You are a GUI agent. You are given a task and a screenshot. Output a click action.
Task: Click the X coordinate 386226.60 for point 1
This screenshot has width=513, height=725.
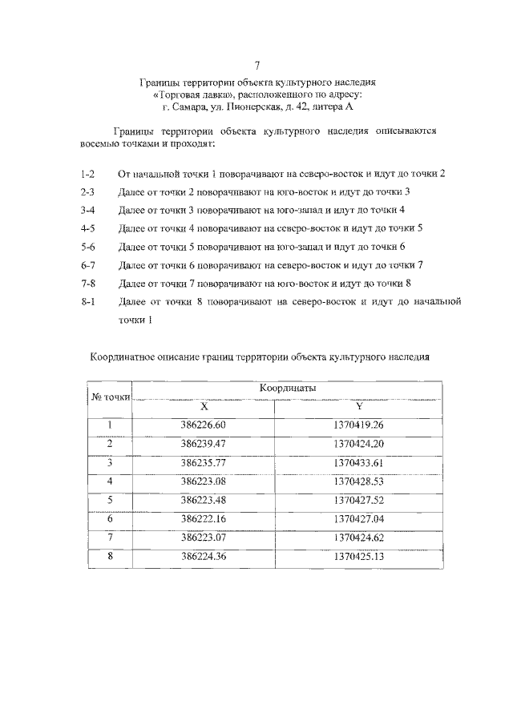(x=204, y=425)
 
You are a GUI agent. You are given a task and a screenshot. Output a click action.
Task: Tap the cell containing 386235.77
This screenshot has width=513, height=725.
(x=204, y=462)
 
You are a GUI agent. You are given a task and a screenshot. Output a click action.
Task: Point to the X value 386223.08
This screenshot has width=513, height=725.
(x=204, y=481)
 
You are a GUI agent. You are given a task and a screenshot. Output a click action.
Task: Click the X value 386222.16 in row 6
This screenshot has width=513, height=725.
(x=204, y=519)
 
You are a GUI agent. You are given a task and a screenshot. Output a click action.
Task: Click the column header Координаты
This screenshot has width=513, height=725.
(x=287, y=388)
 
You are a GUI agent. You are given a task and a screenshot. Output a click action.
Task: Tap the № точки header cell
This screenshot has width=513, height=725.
(x=109, y=397)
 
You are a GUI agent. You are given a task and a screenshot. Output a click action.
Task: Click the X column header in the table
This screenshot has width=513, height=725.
(x=204, y=406)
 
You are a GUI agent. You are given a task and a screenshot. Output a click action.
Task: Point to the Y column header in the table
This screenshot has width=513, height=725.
(x=358, y=406)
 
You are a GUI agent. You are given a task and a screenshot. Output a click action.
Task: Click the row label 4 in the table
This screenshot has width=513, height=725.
(x=109, y=481)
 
